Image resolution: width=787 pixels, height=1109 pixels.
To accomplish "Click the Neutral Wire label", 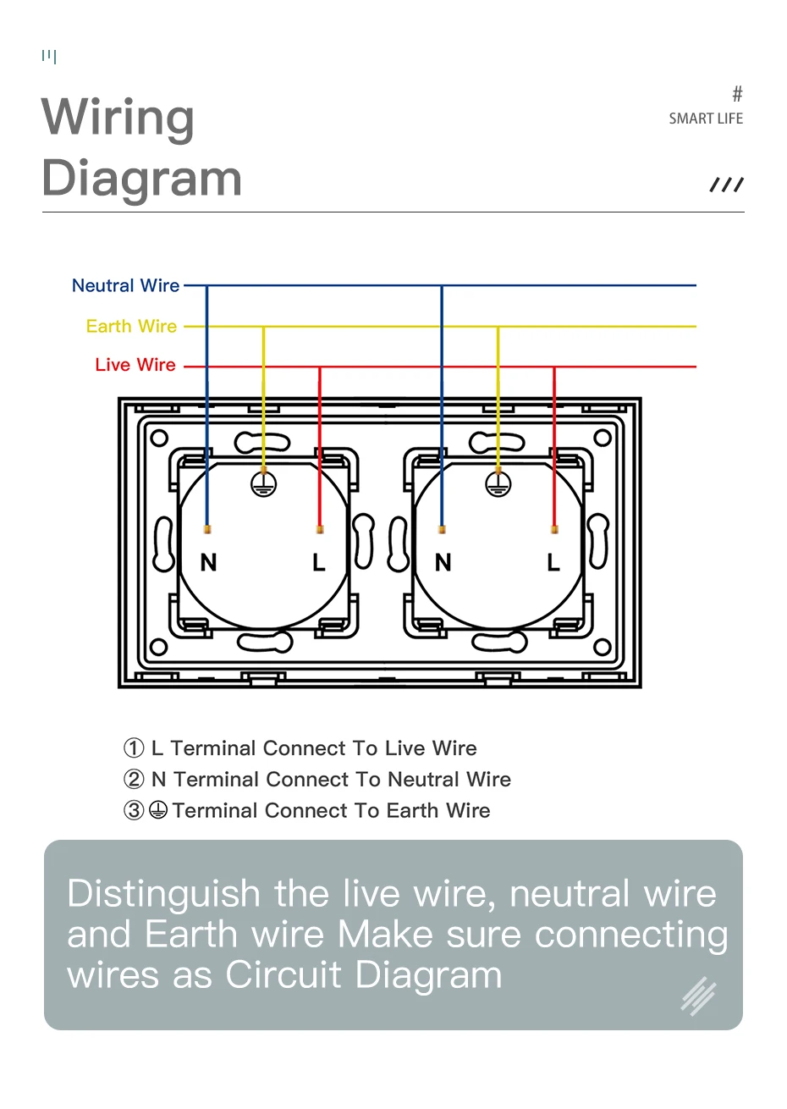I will click(126, 286).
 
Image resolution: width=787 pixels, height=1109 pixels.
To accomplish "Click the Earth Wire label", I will click(132, 327).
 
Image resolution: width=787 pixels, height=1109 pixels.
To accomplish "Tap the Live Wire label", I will click(135, 366).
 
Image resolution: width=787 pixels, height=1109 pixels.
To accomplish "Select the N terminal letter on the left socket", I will click(209, 562).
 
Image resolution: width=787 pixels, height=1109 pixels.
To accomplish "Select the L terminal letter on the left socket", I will click(319, 562).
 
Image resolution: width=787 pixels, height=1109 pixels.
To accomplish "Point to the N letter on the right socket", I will click(443, 562).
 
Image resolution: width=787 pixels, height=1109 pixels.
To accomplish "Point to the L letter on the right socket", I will click(553, 562).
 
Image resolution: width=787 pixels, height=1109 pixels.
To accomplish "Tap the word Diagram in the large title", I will click(141, 179).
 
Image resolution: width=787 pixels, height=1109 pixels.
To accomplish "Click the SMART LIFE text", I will click(706, 119).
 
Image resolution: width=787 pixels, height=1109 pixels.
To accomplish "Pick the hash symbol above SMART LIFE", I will click(737, 94).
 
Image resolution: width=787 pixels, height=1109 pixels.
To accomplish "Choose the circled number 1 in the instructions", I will click(134, 748).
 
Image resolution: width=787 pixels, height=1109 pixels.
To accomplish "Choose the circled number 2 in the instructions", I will click(134, 780).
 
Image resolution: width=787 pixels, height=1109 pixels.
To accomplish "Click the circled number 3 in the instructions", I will click(134, 811).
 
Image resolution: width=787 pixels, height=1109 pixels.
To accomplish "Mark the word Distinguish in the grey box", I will click(164, 894).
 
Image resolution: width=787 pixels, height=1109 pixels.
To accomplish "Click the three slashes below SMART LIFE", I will click(726, 185).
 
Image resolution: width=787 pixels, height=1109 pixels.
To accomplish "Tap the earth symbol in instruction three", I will click(158, 811).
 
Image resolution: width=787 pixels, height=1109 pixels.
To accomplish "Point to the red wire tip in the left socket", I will click(320, 530).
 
